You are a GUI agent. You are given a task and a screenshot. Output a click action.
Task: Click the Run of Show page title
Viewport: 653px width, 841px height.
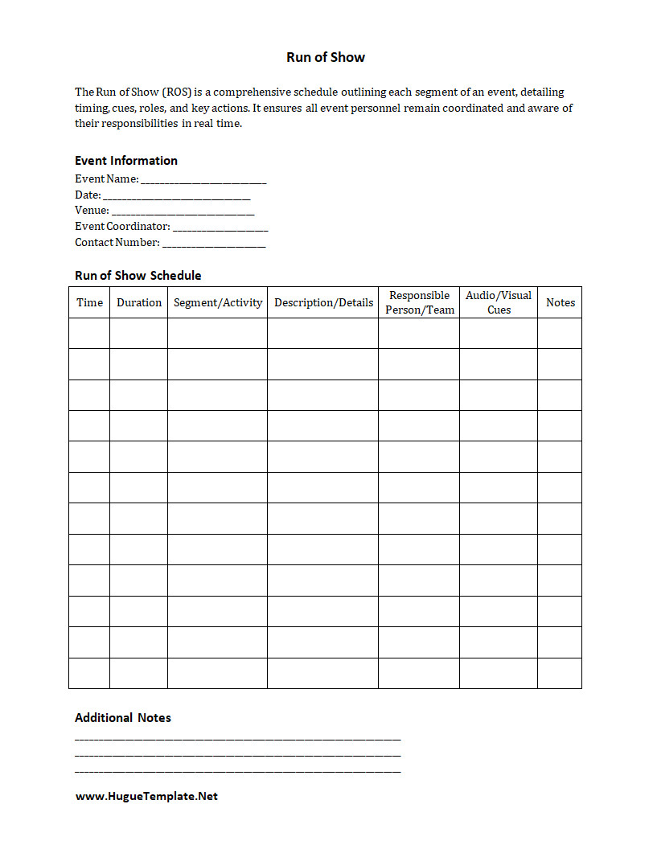tap(326, 57)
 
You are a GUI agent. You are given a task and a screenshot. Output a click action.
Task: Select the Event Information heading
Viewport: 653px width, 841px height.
tap(126, 160)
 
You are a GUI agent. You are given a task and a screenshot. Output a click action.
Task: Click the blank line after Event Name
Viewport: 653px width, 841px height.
tap(203, 179)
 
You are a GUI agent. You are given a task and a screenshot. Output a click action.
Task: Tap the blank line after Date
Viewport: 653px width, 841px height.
tap(177, 195)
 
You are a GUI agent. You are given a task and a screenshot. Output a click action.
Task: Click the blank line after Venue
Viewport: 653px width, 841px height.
tap(183, 211)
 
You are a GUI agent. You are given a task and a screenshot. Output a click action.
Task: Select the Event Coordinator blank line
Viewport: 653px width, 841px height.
tap(220, 227)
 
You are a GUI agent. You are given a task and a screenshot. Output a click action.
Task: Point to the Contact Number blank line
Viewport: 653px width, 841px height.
tap(214, 243)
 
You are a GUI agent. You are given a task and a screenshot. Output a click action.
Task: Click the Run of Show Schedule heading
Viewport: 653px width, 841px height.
tap(138, 275)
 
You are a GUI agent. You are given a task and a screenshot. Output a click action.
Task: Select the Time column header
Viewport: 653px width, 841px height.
tap(89, 302)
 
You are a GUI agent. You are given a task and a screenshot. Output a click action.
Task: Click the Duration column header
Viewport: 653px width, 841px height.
tap(139, 302)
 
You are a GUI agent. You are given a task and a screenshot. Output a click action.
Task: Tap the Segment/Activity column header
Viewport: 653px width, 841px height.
tap(218, 302)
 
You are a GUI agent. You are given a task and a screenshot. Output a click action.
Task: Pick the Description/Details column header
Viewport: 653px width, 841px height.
tap(323, 302)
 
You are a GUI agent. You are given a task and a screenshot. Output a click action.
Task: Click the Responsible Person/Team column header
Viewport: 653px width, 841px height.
tap(419, 302)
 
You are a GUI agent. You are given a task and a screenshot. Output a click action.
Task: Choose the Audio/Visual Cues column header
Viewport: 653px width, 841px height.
tap(499, 302)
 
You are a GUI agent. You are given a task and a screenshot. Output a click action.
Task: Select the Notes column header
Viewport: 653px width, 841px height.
tap(561, 302)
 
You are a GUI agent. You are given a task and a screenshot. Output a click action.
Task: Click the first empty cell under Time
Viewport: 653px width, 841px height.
tap(89, 333)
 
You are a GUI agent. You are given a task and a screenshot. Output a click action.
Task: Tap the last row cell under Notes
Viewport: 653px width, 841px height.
tap(560, 673)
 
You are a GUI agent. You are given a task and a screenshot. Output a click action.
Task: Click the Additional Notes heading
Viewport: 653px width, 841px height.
tap(123, 717)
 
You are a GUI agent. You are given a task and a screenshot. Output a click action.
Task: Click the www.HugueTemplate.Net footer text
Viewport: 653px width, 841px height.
tap(146, 796)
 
